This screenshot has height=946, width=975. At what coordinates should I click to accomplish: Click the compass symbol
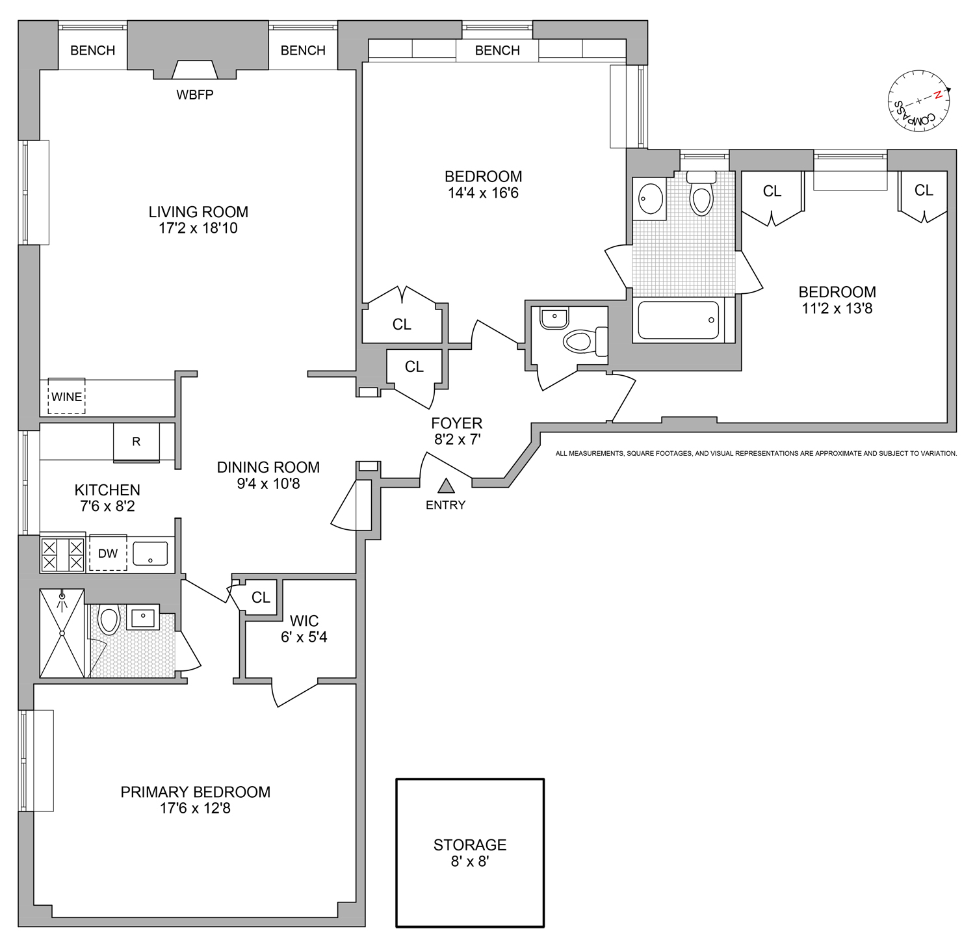pos(918,101)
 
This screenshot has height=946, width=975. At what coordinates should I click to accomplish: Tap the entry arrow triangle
pos(446,486)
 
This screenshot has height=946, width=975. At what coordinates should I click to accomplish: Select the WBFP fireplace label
pos(195,95)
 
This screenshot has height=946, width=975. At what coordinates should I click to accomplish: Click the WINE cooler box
pos(66,396)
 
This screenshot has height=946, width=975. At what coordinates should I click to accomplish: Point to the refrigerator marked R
pos(136,442)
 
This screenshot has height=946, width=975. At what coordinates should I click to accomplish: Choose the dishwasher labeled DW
pos(108,553)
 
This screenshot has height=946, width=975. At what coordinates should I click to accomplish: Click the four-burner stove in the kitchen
pos(63,554)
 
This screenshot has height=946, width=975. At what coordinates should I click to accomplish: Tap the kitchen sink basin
pos(150,554)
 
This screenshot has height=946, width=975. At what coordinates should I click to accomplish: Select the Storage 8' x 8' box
pos(470,852)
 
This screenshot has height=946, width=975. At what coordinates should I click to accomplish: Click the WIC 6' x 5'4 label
pos(304,629)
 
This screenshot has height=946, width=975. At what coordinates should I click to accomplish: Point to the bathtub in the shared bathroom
pos(679,320)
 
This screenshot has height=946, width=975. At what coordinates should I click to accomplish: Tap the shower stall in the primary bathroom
pos(62,633)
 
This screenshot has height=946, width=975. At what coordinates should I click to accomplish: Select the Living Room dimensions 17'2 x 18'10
pos(198,228)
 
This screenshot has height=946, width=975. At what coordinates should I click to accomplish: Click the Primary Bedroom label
pos(195,792)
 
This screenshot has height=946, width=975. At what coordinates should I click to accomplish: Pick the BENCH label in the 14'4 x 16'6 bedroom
pos(497,51)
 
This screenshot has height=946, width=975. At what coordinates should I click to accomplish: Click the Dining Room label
pos(268,467)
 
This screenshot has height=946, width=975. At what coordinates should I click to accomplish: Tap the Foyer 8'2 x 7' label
pos(458,431)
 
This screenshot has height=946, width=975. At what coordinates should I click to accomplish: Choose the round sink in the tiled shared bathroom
pos(650,197)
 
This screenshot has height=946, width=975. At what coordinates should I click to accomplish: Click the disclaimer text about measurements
pos(756,453)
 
